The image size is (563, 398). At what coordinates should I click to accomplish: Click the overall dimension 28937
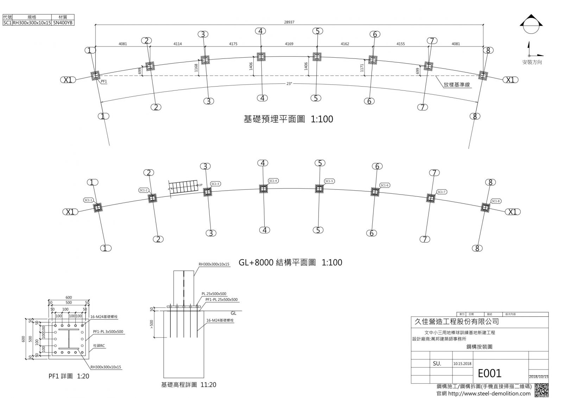pyautogui.click(x=289, y=22)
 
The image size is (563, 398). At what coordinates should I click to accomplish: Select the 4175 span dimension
pyautogui.click(x=233, y=44)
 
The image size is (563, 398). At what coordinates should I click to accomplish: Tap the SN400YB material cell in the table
pyautogui.click(x=63, y=23)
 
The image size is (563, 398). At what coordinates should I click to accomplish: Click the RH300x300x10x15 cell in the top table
pyautogui.click(x=32, y=23)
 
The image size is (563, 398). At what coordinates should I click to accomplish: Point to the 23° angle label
pyautogui.click(x=289, y=84)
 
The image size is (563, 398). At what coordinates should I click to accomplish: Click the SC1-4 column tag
pyautogui.click(x=273, y=181)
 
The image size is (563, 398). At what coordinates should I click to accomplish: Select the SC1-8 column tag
pyautogui.click(x=495, y=201)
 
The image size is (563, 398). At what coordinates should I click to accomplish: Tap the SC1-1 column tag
pyautogui.click(x=88, y=200)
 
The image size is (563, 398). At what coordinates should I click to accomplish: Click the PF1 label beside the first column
pyautogui.click(x=104, y=81)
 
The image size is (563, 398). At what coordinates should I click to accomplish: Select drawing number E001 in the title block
pyautogui.click(x=489, y=373)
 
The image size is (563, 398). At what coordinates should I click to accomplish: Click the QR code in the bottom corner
pyautogui.click(x=541, y=390)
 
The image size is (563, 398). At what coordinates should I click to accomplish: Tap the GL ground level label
pyautogui.click(x=233, y=313)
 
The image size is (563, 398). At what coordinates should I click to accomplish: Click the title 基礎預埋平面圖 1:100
pyautogui.click(x=288, y=119)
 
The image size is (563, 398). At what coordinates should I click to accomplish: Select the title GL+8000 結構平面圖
pyautogui.click(x=290, y=263)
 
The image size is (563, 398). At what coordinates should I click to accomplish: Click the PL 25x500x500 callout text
pyautogui.click(x=214, y=294)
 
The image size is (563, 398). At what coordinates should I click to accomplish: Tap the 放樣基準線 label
pyautogui.click(x=456, y=85)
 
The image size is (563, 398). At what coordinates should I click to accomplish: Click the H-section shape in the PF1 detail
pyautogui.click(x=69, y=341)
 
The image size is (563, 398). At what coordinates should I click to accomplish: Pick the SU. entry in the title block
pyautogui.click(x=437, y=364)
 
